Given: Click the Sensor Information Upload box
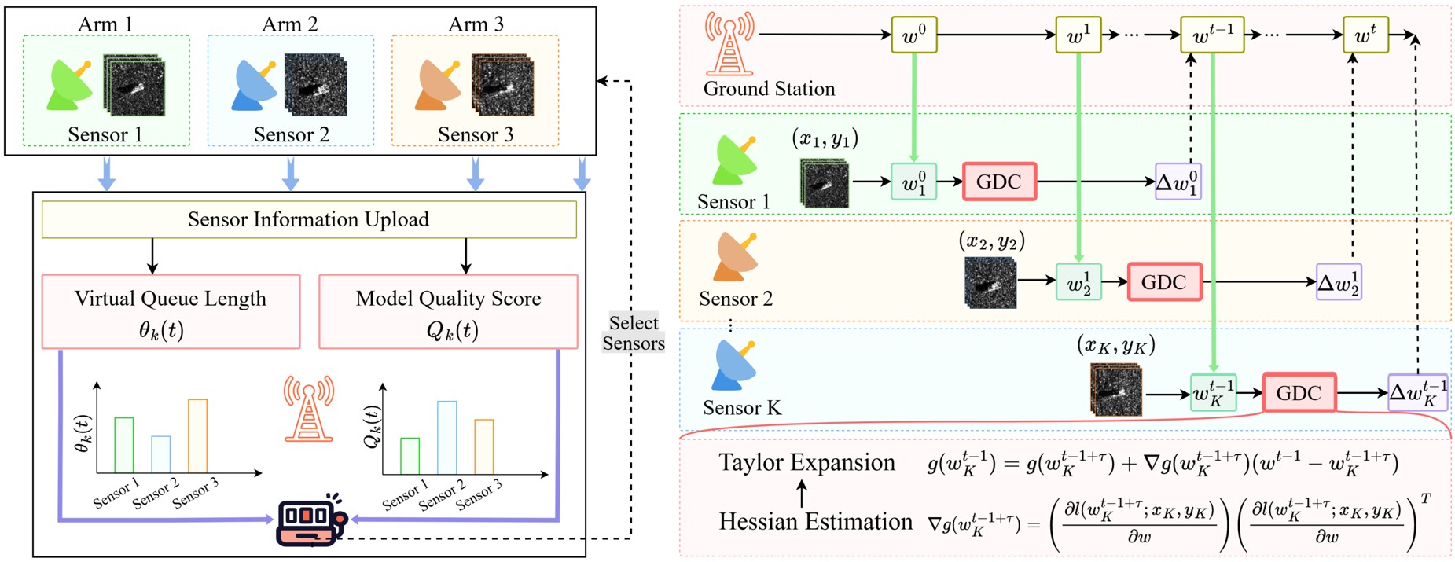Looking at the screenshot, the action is [x=309, y=219].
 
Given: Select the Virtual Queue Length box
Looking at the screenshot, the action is [x=171, y=311].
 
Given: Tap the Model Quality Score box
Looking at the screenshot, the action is [x=448, y=311].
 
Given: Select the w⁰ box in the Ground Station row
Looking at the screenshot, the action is [x=914, y=35].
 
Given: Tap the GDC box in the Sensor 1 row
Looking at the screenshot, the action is [x=999, y=182].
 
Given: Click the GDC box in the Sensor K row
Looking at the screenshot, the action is [x=1299, y=392].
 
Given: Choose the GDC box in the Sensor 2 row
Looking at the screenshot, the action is [x=1164, y=282].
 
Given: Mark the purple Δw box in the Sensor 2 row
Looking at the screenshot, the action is [x=1339, y=282].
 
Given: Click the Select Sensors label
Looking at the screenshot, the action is [x=634, y=333].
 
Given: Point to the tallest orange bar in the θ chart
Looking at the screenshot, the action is [x=197, y=436].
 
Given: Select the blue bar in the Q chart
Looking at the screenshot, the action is [x=446, y=438].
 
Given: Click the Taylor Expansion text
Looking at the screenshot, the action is [x=806, y=463].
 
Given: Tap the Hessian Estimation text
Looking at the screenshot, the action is [x=816, y=522].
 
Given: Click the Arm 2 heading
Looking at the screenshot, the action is [x=290, y=24].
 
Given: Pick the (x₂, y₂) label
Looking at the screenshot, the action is [x=992, y=240].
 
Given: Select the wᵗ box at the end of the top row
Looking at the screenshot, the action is [x=1365, y=35].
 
